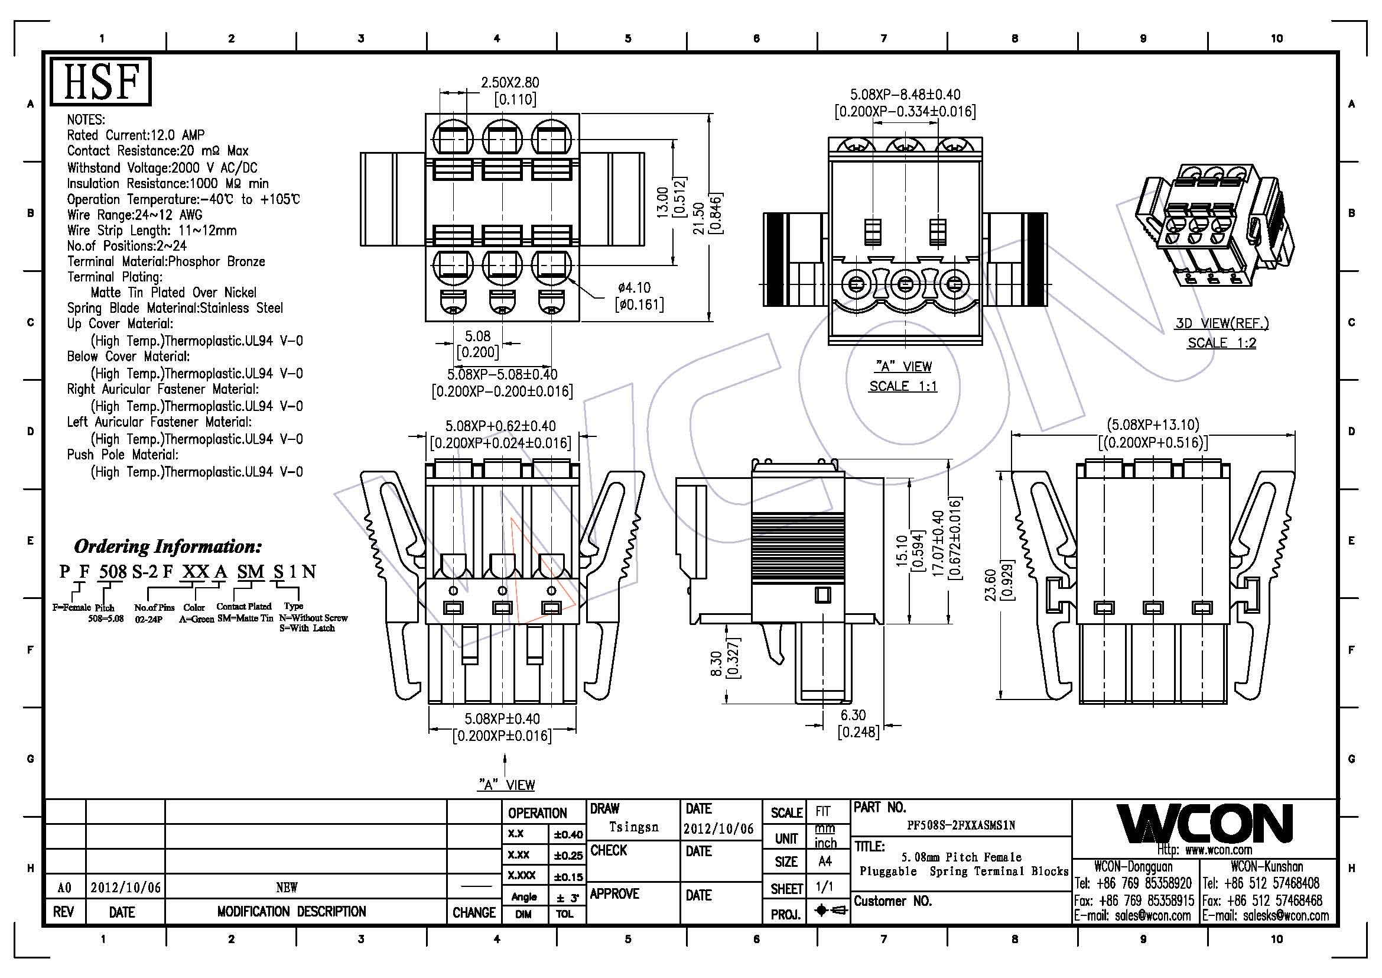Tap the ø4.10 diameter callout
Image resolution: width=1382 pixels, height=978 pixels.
[x=634, y=288]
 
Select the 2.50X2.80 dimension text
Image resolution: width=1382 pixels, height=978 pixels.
[x=509, y=83]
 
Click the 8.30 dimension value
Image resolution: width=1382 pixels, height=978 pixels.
[x=716, y=664]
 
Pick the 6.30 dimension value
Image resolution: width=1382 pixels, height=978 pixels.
[x=853, y=715]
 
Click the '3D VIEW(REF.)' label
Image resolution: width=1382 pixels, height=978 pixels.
[x=1222, y=323]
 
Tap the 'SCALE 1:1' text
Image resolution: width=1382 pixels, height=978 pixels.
[x=903, y=386]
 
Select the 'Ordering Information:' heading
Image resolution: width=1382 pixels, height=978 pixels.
[x=168, y=547]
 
